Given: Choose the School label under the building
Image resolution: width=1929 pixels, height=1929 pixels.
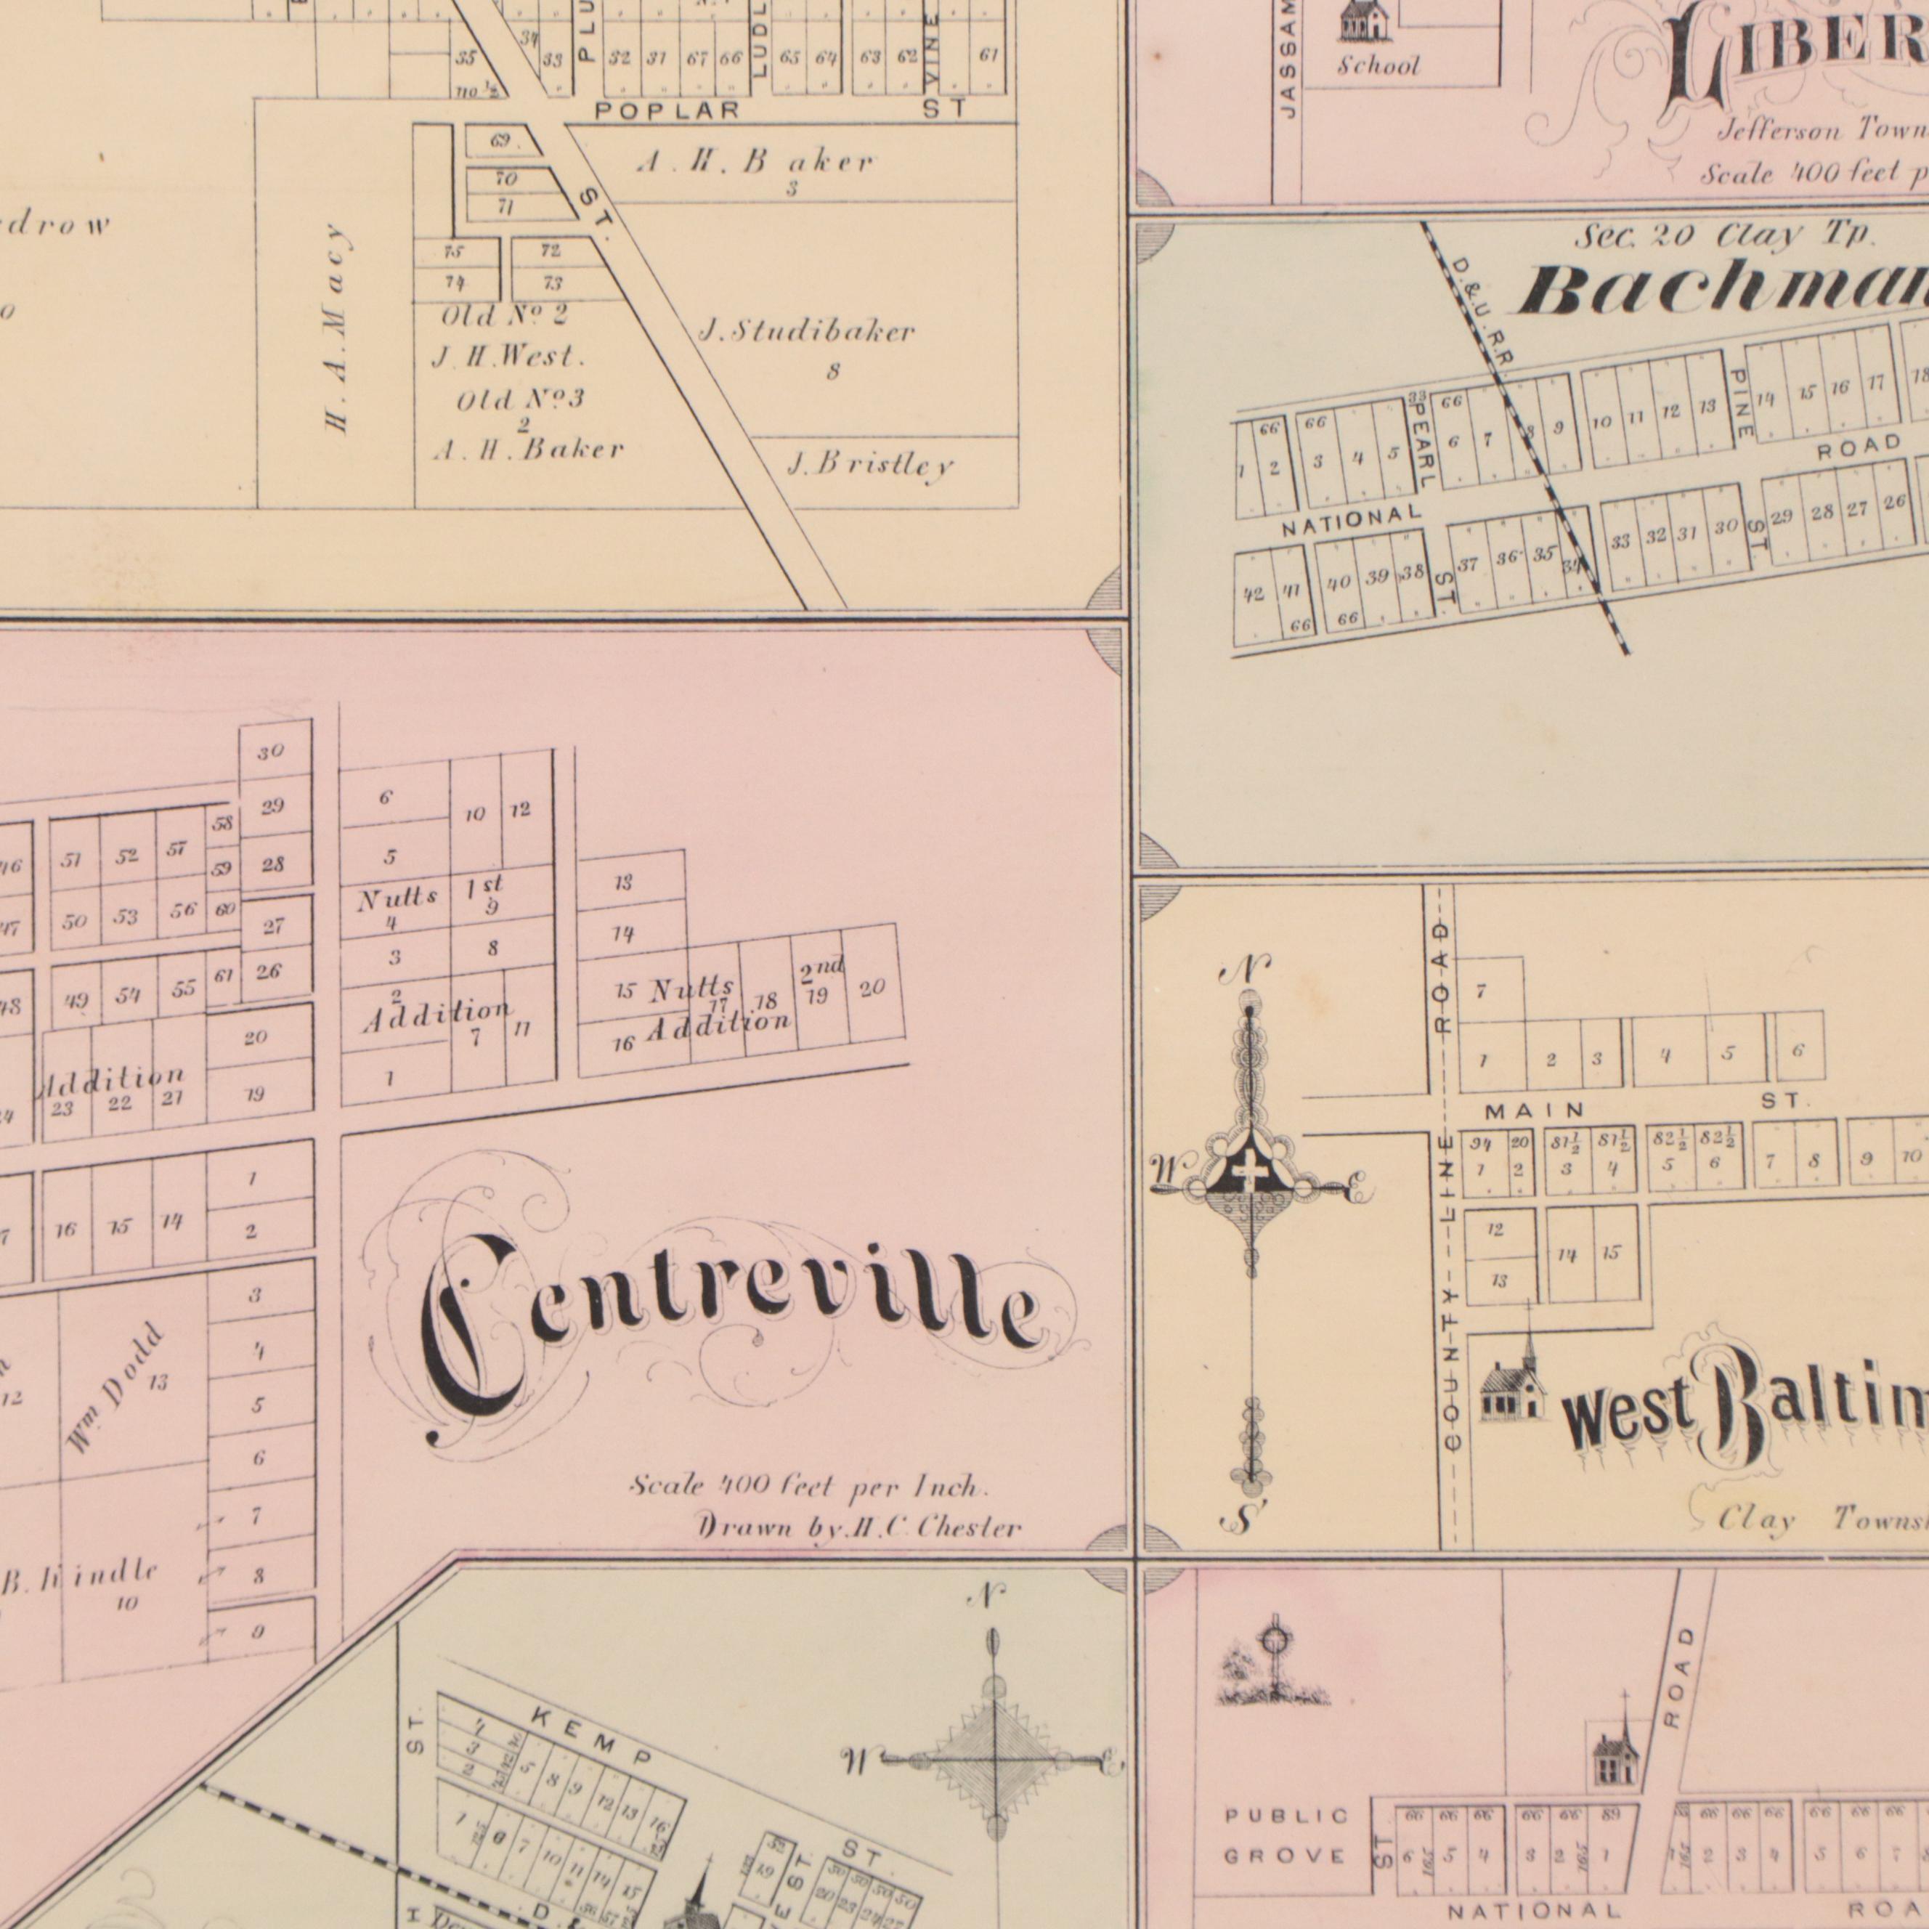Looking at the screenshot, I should [1378, 67].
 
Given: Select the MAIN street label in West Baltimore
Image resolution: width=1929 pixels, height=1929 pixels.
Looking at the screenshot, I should [1534, 1110].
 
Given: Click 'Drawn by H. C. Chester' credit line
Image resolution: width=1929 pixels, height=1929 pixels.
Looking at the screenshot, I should [858, 1527].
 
